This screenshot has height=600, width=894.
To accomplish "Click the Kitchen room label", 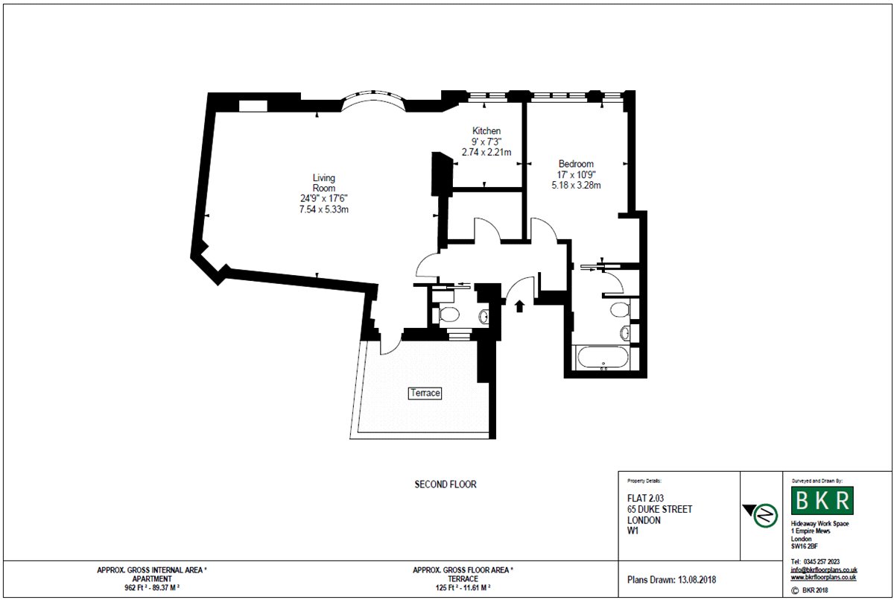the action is pos(486,130).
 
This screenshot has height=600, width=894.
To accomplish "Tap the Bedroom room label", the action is pos(576,164).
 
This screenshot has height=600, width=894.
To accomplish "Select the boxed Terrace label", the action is pos(425,393).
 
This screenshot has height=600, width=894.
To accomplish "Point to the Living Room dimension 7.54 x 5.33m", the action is pos(323,209).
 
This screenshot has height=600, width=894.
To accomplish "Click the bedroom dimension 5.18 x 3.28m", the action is pos(576,186).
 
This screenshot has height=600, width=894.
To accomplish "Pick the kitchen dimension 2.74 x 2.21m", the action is pos(486,152).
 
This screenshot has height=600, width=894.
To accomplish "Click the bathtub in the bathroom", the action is pos(603,357).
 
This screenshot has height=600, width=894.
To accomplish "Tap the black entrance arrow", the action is pos(519,306).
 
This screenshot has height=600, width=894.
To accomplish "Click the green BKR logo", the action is pos(822,500).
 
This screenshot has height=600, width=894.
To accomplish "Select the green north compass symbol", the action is pos(766,515).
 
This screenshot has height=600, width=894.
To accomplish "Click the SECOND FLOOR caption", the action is pos(446,484).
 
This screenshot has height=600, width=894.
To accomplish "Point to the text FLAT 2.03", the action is pos(645,498).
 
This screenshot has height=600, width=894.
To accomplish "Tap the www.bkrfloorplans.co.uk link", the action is pos(823,577).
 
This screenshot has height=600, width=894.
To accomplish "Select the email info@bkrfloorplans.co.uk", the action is pos(824,569).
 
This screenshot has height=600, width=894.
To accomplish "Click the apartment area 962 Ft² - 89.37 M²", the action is pos(152,587).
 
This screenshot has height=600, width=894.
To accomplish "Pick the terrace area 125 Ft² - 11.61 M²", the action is pos(463,587).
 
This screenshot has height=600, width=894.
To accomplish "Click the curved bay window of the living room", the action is pos(373,96).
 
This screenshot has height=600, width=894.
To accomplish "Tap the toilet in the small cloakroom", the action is pos(448,315).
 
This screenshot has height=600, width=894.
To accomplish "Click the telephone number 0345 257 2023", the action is pos(821,562).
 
